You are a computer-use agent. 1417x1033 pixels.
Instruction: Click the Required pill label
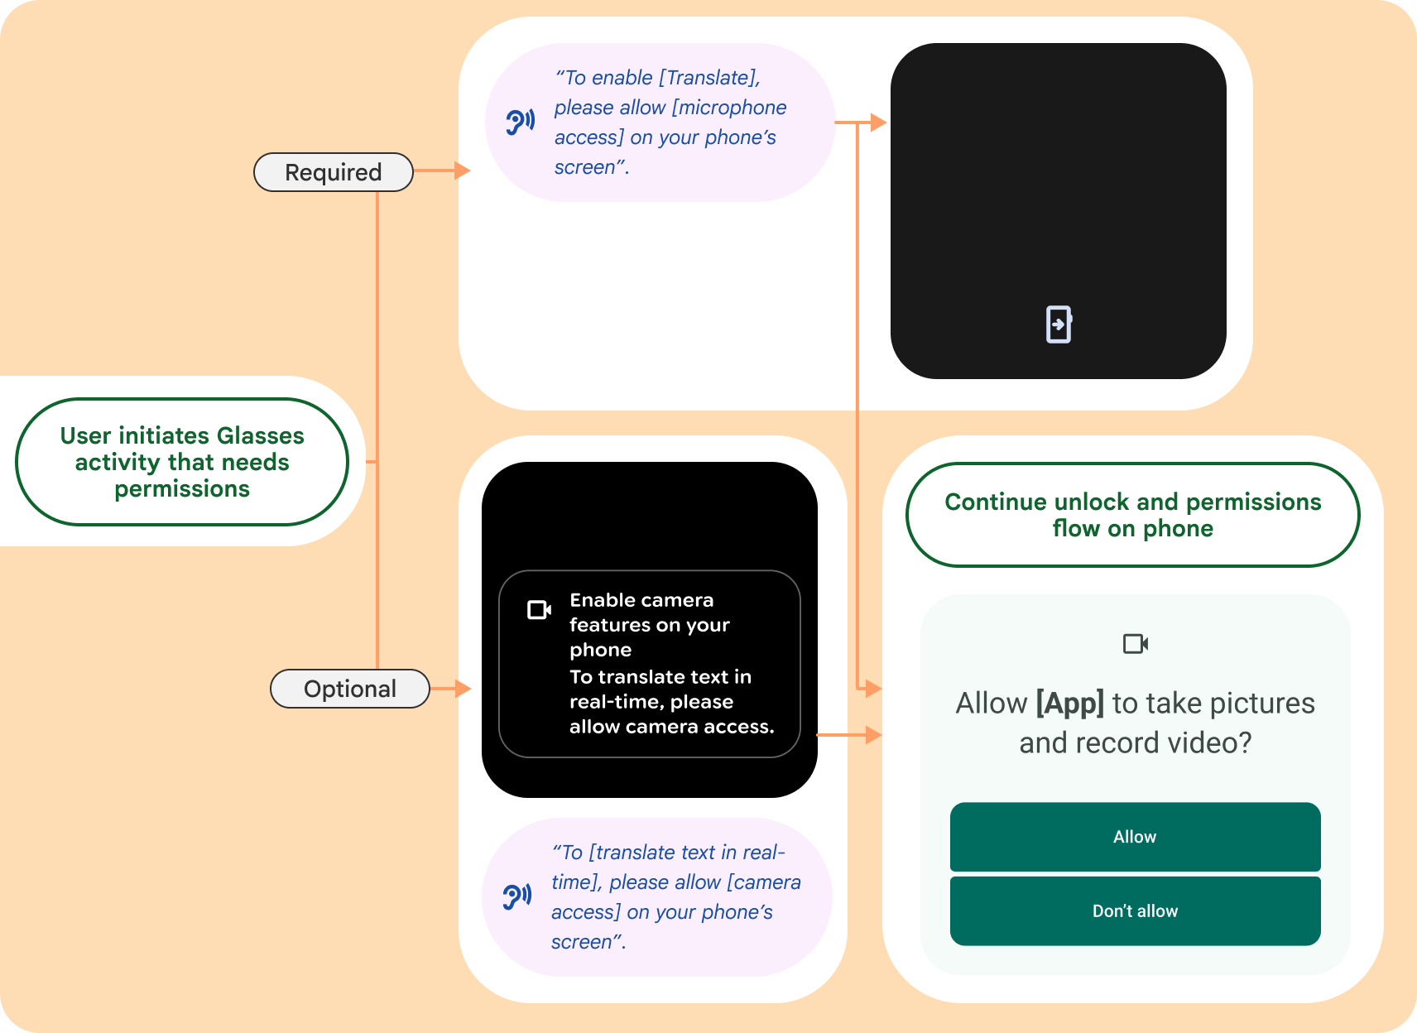[x=333, y=172]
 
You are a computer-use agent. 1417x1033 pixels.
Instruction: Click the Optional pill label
[x=349, y=689]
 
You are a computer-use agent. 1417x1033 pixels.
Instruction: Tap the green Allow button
[x=1135, y=837]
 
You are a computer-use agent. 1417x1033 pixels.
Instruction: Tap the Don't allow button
[x=1135, y=911]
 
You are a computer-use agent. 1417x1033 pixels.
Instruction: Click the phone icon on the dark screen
[x=1059, y=324]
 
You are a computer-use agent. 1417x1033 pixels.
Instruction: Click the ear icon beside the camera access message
[x=517, y=896]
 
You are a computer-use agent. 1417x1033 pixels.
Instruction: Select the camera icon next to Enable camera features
[x=539, y=610]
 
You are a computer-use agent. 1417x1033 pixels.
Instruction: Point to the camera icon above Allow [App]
[x=1135, y=643]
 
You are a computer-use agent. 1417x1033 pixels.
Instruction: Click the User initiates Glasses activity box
[x=182, y=462]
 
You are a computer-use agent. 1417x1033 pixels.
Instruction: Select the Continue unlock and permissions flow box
[x=1132, y=515]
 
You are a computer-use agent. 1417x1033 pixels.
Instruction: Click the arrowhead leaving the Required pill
[x=462, y=171]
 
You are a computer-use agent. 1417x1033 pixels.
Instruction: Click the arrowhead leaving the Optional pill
[x=463, y=688]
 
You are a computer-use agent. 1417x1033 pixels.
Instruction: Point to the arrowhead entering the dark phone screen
[x=879, y=123]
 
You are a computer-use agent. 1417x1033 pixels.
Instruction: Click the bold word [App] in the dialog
[x=1069, y=703]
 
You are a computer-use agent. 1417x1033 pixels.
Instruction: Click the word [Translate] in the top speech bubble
[x=708, y=78]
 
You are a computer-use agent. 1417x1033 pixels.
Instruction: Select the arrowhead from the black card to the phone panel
[x=872, y=734]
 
